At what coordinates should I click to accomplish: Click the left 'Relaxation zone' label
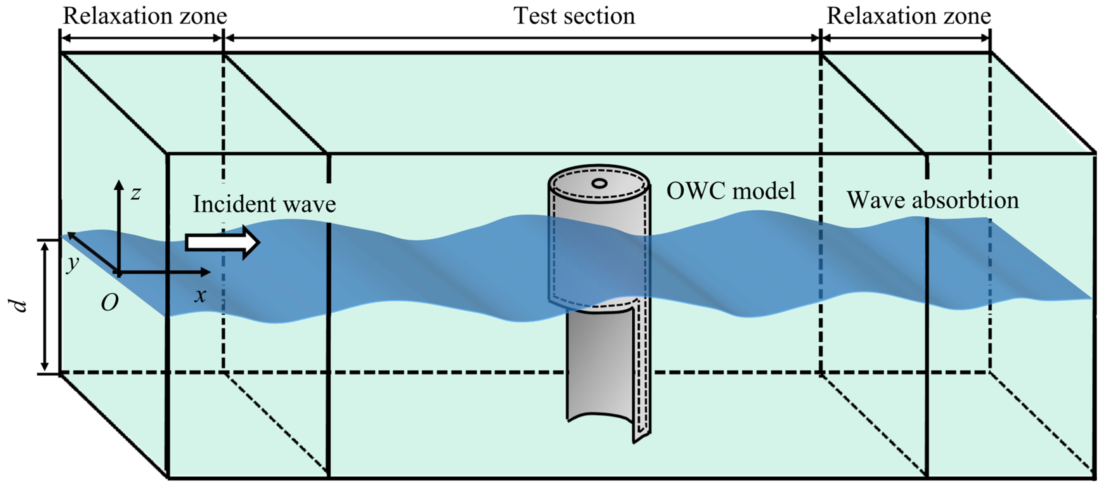click(144, 16)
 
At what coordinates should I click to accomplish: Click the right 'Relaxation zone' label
click(909, 16)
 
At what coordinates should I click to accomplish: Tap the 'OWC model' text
click(730, 190)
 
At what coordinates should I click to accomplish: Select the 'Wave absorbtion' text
click(933, 200)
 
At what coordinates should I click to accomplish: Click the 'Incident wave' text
click(264, 204)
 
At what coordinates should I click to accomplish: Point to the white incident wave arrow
click(222, 242)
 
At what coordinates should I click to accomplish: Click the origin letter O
click(109, 303)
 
